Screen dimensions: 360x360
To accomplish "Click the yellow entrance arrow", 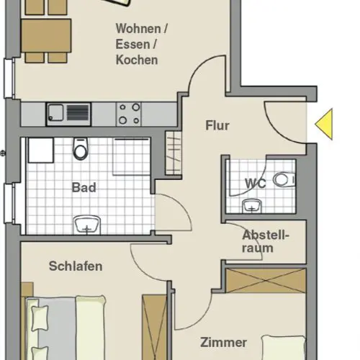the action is (x=325, y=124).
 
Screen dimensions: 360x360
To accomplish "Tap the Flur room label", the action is (x=217, y=125).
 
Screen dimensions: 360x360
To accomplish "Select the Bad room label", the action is (x=84, y=187).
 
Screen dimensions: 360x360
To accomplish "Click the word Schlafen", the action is (x=76, y=266).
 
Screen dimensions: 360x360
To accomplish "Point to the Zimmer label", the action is (x=223, y=343).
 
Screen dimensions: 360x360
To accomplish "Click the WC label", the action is (x=256, y=184).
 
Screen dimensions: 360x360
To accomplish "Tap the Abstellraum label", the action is (x=266, y=241).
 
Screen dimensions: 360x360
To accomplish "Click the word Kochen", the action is (x=137, y=60).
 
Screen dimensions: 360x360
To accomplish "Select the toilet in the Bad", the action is (x=81, y=149).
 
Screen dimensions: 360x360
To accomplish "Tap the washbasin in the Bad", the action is (x=86, y=225).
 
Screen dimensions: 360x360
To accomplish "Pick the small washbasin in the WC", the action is (x=252, y=206).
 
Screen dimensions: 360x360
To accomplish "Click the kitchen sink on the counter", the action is (x=68, y=114).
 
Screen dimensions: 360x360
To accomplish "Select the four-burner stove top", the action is (x=129, y=114).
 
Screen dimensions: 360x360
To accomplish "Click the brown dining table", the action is (x=46, y=36).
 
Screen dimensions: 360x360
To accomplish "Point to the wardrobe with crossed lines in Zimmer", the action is (x=266, y=281).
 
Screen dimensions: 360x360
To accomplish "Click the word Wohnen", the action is (x=139, y=29).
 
